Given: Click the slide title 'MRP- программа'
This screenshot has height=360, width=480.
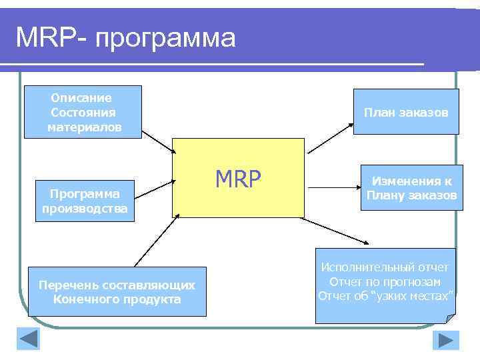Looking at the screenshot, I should pyautogui.click(x=125, y=37).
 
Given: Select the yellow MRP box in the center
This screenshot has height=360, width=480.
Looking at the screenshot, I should pyautogui.click(x=238, y=177).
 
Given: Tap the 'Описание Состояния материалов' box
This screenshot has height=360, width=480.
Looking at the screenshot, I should pyautogui.click(x=83, y=112).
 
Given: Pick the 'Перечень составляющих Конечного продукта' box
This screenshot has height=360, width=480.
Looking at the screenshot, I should pyautogui.click(x=117, y=291).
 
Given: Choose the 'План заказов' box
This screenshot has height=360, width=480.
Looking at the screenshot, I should pyautogui.click(x=406, y=112).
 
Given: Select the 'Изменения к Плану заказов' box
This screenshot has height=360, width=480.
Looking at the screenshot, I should pyautogui.click(x=411, y=187).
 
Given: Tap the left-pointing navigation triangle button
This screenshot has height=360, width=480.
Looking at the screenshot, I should pyautogui.click(x=29, y=339).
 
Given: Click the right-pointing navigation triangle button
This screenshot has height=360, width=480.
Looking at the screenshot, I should pyautogui.click(x=445, y=340).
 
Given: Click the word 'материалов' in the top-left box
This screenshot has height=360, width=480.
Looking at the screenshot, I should pyautogui.click(x=84, y=127).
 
